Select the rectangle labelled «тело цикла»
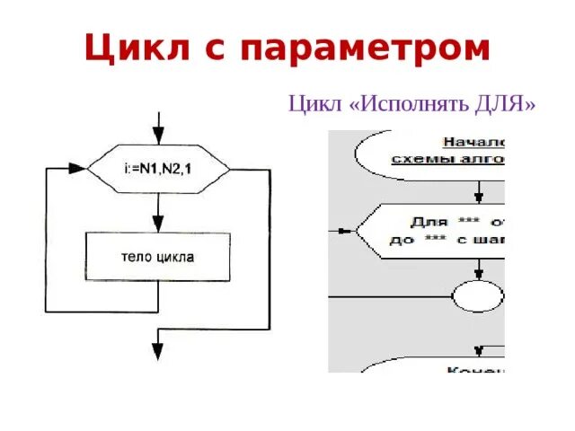pos(157,256)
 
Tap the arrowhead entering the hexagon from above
pos(159,141)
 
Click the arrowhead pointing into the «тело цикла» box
pos(159,225)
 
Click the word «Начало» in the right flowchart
pos(474,142)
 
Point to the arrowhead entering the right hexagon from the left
pos(349,231)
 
